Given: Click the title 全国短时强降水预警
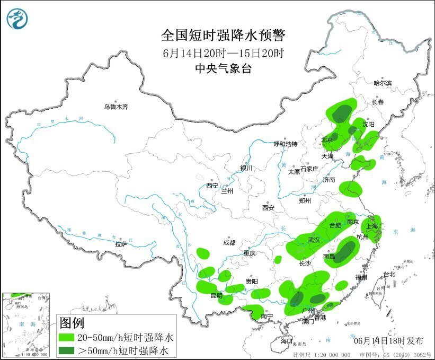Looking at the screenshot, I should [223, 36].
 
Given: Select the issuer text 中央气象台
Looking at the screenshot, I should [223, 68].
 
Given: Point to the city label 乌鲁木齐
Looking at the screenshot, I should [116, 107].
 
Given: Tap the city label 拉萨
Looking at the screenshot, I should [121, 244].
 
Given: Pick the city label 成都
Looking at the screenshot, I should [229, 243].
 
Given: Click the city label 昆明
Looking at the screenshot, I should [217, 295].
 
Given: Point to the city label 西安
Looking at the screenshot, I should [268, 208].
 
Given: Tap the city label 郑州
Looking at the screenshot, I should [306, 201].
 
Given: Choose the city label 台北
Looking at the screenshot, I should [389, 275].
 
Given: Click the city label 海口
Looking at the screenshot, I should [287, 340].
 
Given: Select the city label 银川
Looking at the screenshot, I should [247, 168].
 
